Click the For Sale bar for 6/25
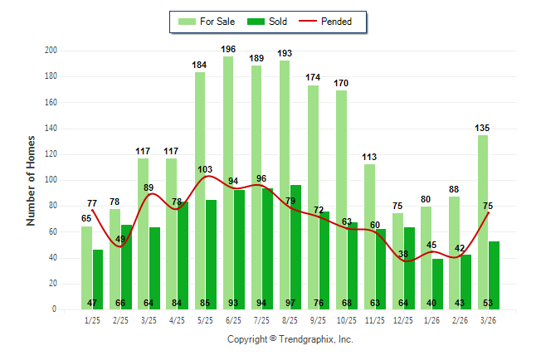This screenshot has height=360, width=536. tap(228, 182)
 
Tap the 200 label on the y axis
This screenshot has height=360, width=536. tap(51, 51)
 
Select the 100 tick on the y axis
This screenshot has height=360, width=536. tap(51, 180)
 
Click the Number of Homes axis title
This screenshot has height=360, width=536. tap(31, 180)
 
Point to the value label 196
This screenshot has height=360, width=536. tap(229, 50)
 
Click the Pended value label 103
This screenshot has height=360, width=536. tap(206, 168)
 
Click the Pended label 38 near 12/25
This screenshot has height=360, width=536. tap(403, 253)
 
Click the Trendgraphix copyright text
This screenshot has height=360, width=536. tap(290, 339)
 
